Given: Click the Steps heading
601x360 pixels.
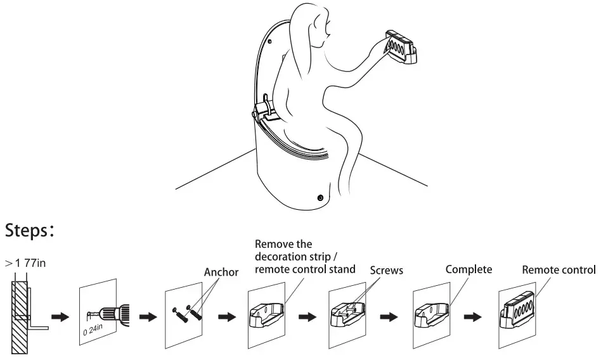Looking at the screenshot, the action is [x=29, y=231].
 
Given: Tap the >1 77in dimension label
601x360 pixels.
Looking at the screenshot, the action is [x=25, y=263].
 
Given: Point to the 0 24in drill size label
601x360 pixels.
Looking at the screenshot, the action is [x=93, y=330].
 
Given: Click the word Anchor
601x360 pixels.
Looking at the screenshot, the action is [x=221, y=272].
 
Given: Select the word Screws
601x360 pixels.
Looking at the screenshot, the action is [x=386, y=271].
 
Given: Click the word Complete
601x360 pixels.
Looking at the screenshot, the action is [x=469, y=269].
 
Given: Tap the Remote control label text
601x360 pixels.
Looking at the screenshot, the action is [x=559, y=270].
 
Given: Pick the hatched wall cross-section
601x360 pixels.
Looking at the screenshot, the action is [x=20, y=317].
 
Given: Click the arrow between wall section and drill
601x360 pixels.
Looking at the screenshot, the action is [x=61, y=317].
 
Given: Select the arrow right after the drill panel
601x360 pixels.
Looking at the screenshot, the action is [x=148, y=317].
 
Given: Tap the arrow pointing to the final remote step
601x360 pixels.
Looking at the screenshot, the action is [x=472, y=317].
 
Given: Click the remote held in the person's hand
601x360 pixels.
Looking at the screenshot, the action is [x=400, y=47].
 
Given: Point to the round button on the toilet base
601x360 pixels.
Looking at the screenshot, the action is [x=320, y=198].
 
